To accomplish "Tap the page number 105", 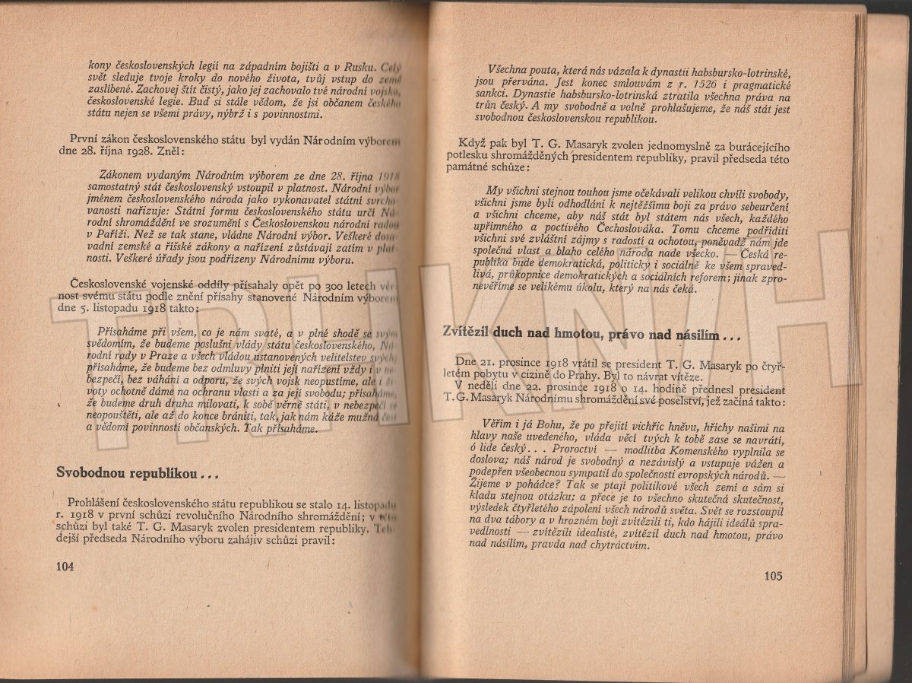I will coord(769,576).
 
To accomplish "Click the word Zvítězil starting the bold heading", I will coord(466,332).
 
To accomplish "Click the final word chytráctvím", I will coord(609,545).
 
